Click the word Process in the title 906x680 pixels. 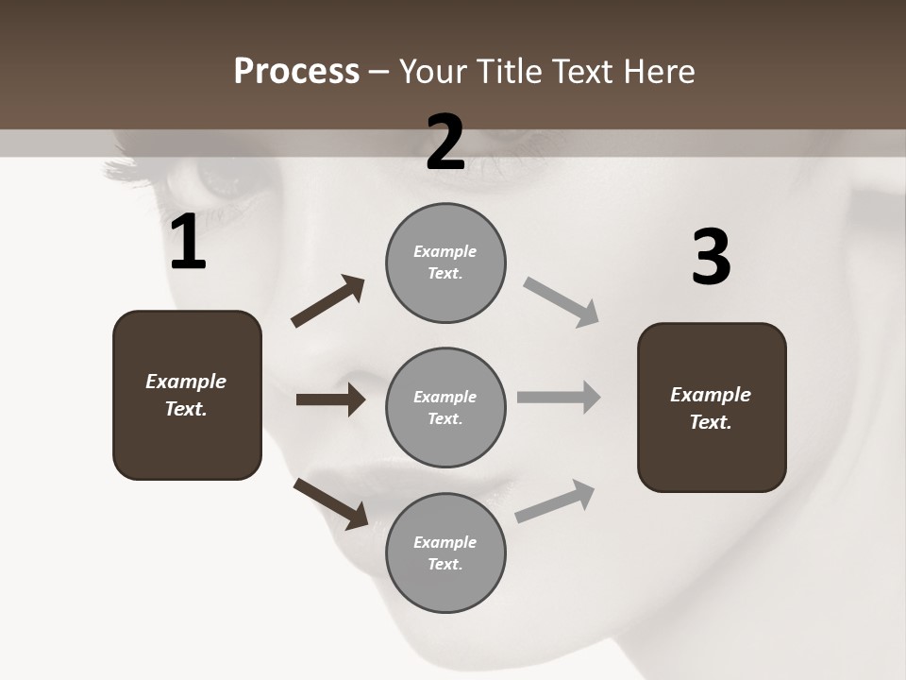pos(296,71)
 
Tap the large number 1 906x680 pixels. pos(188,243)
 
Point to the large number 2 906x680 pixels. pos(445,143)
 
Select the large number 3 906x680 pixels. pos(711,258)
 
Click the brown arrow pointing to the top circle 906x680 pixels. pos(328,301)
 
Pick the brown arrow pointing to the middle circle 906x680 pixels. pos(330,399)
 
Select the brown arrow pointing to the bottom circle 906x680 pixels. pos(330,503)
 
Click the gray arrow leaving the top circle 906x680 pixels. pos(562,302)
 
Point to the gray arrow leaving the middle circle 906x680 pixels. pos(559,397)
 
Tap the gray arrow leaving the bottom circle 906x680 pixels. pos(555,501)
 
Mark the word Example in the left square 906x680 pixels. pos(186,382)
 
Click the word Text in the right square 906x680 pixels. pos(709,423)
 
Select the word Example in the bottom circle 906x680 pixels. pos(445,542)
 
